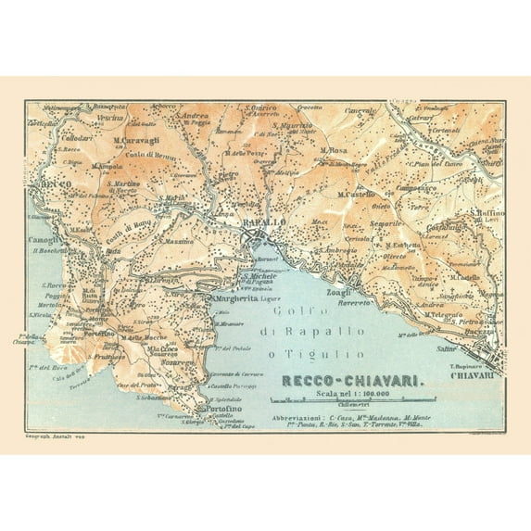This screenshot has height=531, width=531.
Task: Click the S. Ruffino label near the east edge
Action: click(x=486, y=212)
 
